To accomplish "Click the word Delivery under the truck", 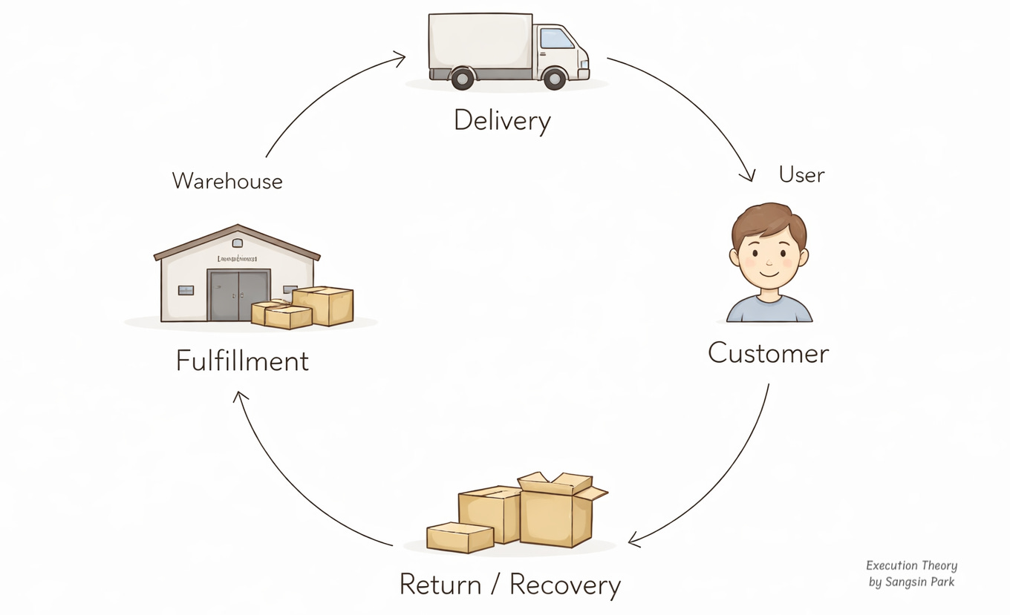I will (x=502, y=120).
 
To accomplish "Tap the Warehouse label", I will (x=227, y=181).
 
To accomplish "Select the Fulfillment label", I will (x=242, y=361).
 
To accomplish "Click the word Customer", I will (x=768, y=352).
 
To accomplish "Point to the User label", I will (x=801, y=175).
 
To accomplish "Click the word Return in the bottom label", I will (x=440, y=585).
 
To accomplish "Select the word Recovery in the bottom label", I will (x=564, y=585).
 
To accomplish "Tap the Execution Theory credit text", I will (x=911, y=565).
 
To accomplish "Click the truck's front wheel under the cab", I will (x=554, y=78).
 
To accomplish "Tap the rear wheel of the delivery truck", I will (x=462, y=78).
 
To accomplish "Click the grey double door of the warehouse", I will (x=238, y=295).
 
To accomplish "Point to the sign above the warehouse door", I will (x=237, y=259).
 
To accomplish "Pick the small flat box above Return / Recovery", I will (x=460, y=537).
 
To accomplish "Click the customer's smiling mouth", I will (x=769, y=274).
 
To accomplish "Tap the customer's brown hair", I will (x=768, y=221).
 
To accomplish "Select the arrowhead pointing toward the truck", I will (x=400, y=57).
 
